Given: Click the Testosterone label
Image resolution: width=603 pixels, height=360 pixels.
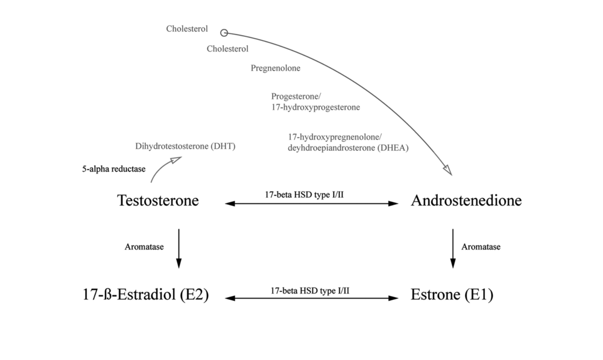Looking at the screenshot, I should tap(157, 201).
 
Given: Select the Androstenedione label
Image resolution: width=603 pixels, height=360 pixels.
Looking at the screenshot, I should tap(466, 201).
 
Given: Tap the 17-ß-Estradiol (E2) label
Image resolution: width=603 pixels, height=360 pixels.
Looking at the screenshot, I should tap(145, 295).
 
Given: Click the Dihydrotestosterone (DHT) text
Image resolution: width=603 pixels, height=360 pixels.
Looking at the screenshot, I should tap(186, 147).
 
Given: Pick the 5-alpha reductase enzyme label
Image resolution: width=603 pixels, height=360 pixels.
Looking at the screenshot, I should tap(114, 169).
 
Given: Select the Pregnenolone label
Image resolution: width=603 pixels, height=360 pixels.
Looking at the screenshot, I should tap(276, 68).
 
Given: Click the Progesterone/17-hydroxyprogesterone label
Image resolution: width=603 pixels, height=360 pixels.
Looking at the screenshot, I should tap(315, 101).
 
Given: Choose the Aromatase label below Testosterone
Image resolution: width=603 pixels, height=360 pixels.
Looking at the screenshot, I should tap(144, 247).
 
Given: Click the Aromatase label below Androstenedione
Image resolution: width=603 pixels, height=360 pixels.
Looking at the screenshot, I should tap(481, 247).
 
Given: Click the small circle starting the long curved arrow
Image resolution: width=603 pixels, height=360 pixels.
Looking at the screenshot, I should tap(224, 33).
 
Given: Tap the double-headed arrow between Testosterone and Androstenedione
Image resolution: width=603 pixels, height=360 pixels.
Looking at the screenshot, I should tap(311, 204).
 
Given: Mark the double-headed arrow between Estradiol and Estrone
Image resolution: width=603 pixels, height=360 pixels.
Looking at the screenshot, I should tap(311, 298).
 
